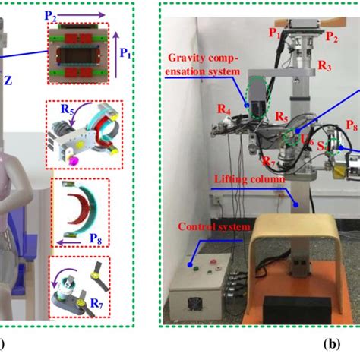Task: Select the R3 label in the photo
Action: (x=324, y=67)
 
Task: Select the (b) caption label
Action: (x=331, y=343)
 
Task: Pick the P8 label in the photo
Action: (x=352, y=124)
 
